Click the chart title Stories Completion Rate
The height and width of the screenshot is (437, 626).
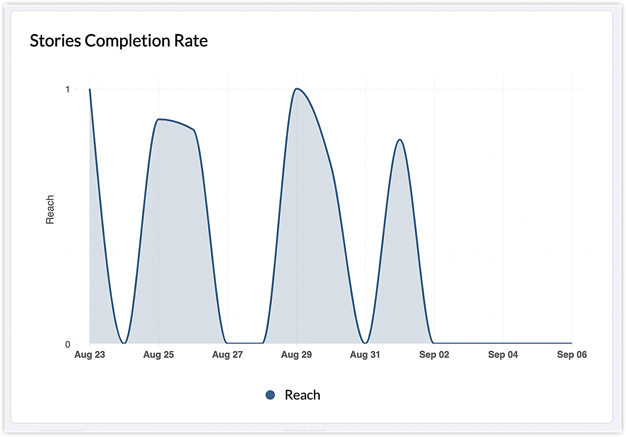[x=119, y=41]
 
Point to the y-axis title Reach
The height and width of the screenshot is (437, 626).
[x=50, y=210]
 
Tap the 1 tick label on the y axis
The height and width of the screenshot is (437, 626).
[x=67, y=89]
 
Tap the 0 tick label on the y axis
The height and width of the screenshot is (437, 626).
[x=67, y=344]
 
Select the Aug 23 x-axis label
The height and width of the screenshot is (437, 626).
[x=90, y=355]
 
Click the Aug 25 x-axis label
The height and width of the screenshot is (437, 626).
[x=159, y=355]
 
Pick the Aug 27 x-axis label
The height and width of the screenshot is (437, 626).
[x=228, y=355]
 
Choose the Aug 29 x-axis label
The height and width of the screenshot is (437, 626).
[x=297, y=355]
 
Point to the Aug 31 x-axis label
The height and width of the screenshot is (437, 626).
[x=365, y=355]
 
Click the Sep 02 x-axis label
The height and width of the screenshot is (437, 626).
[x=434, y=355]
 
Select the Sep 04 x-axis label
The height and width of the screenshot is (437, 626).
[x=503, y=355]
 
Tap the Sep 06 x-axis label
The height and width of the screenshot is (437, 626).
[x=572, y=355]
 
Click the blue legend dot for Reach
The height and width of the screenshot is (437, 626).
[x=270, y=395]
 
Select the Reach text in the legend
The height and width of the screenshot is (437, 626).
[x=303, y=395]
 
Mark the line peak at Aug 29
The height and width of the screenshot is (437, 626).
[x=297, y=89]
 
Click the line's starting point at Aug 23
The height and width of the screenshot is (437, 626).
[x=90, y=89]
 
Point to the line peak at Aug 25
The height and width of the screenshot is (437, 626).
[x=159, y=119]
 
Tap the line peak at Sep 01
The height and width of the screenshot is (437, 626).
[x=400, y=140]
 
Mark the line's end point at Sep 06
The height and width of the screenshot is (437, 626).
[x=572, y=344]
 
